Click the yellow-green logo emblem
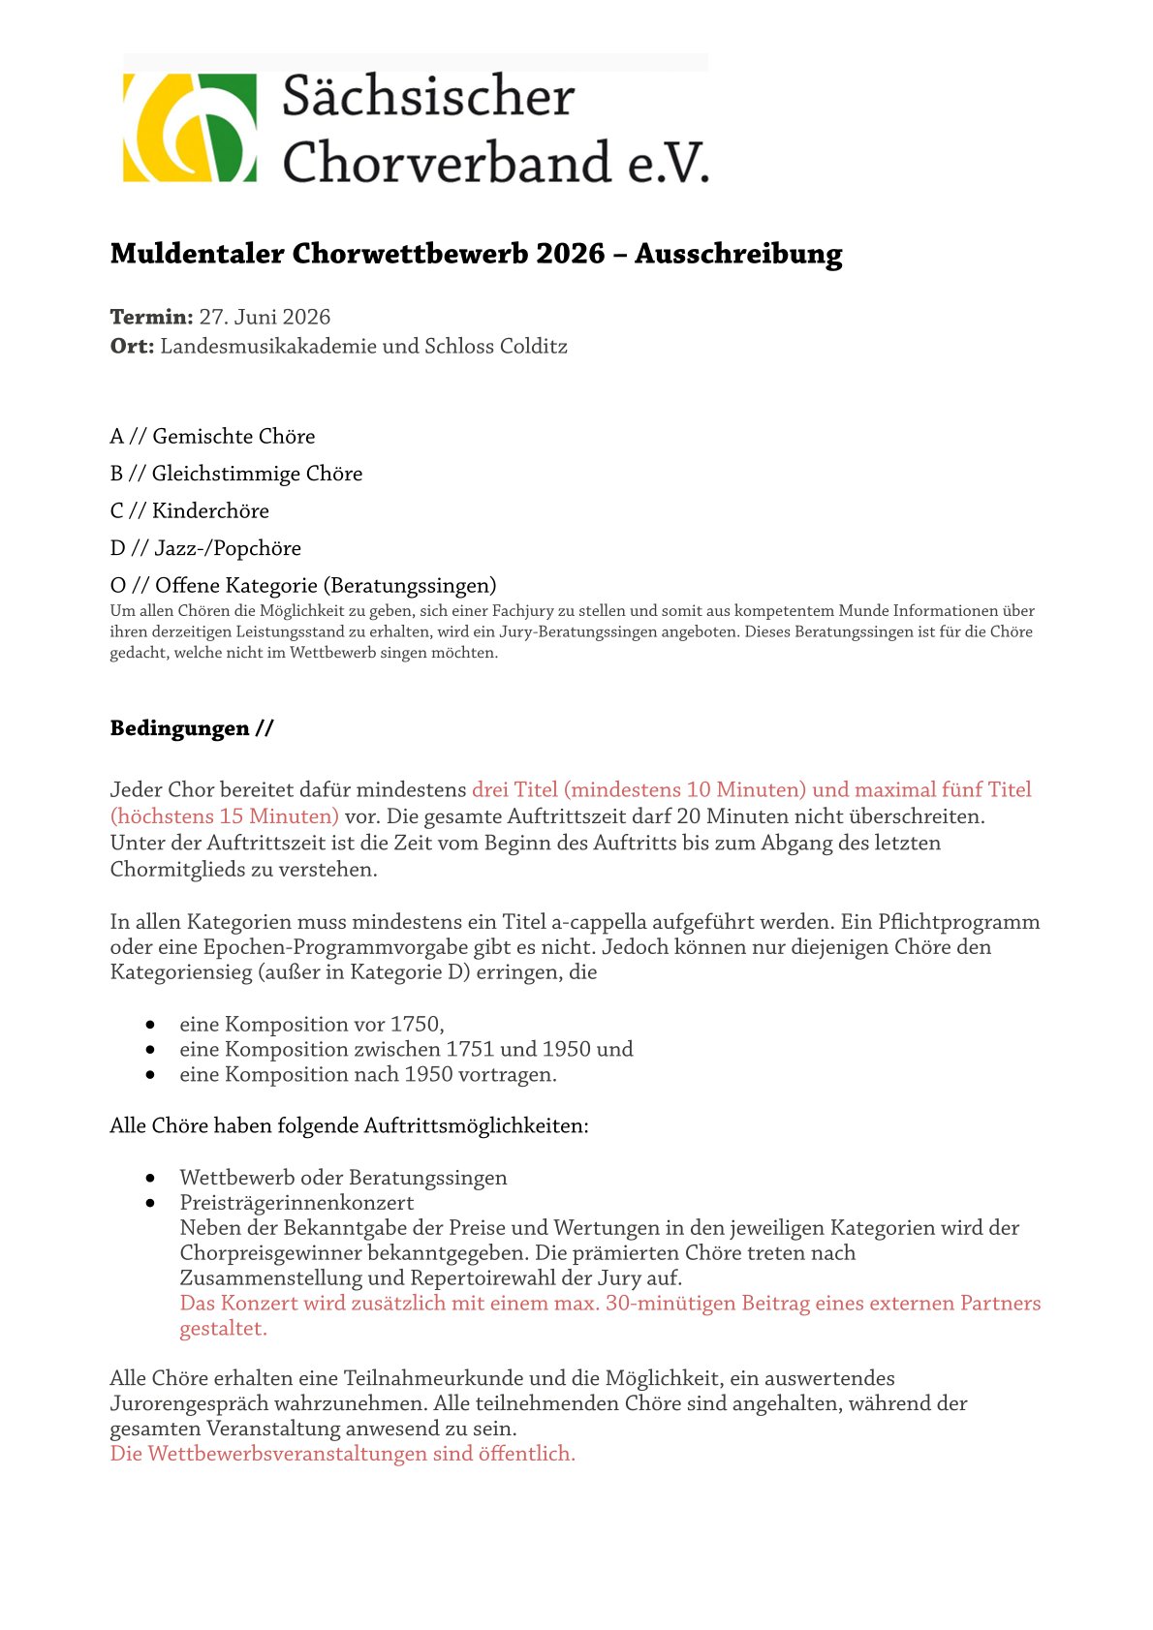pyautogui.click(x=190, y=127)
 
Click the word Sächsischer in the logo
pyautogui.click(x=428, y=97)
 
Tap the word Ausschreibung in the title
pyautogui.click(x=738, y=254)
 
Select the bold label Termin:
pyautogui.click(x=151, y=318)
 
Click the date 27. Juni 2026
pyautogui.click(x=265, y=318)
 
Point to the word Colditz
pyautogui.click(x=533, y=347)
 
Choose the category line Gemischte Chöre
pyautogui.click(x=234, y=437)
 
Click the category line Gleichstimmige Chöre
pyautogui.click(x=257, y=474)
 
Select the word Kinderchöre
pyautogui.click(x=210, y=511)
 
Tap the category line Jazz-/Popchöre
pyautogui.click(x=228, y=549)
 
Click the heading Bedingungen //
pyautogui.click(x=192, y=728)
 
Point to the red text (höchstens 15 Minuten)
pyautogui.click(x=225, y=816)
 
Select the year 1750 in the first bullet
pyautogui.click(x=416, y=1025)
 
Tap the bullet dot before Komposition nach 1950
pyautogui.click(x=150, y=1075)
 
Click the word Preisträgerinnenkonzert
pyautogui.click(x=296, y=1203)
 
